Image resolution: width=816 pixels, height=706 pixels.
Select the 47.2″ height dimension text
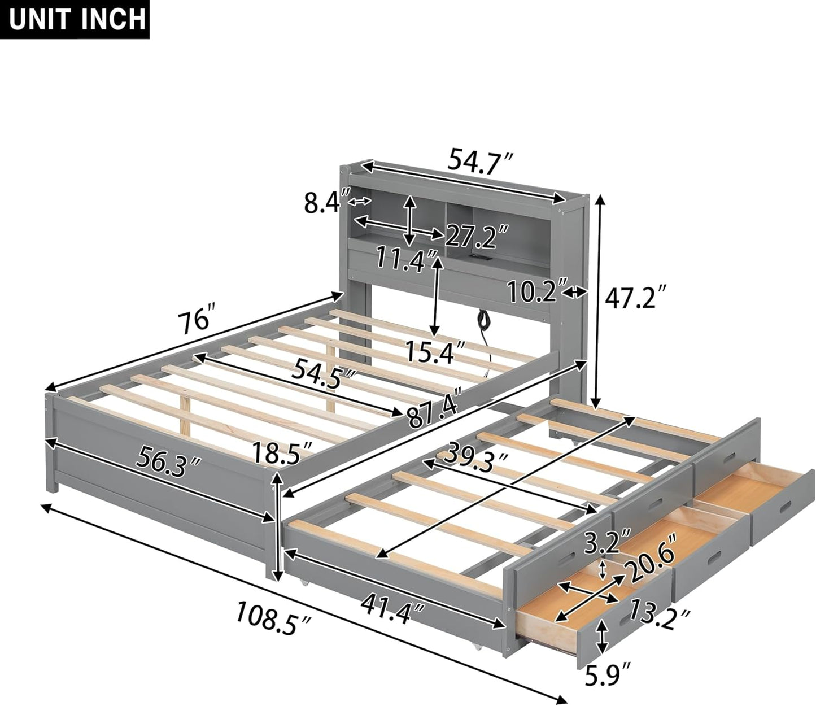[x=636, y=297]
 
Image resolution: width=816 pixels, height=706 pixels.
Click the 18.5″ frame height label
[x=282, y=452]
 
